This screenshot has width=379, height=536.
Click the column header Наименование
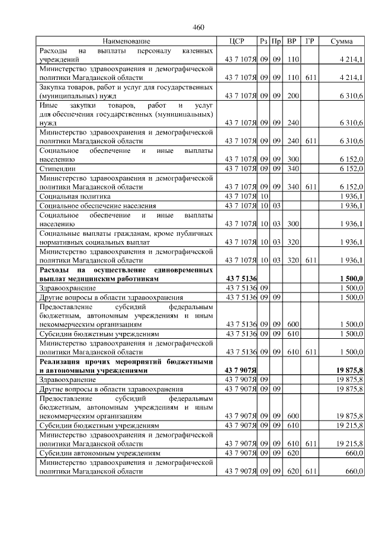coord(126,41)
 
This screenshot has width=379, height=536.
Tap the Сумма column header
coord(342,41)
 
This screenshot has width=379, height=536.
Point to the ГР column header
coord(309,41)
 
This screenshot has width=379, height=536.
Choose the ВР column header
coord(291,41)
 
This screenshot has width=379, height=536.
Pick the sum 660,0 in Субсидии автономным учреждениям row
coord(354,453)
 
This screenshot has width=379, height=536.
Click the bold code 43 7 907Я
coord(241,370)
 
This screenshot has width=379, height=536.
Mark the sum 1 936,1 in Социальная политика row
coord(352,196)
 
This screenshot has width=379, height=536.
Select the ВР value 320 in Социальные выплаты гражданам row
coord(291,242)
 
